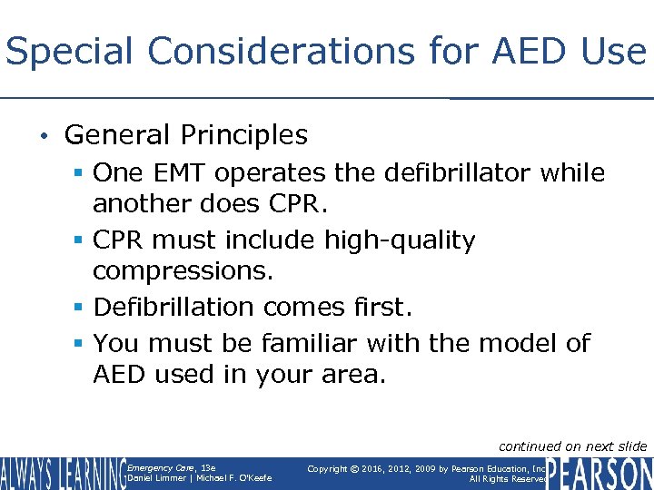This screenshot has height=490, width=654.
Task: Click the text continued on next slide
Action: (x=572, y=446)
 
